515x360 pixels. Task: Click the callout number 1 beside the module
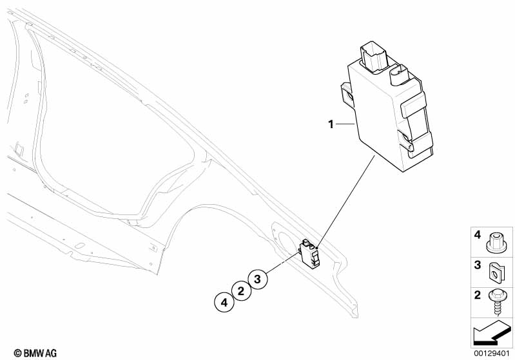[x=331, y=124]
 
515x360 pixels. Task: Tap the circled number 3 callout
[x=257, y=279]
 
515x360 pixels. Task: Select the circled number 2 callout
[x=240, y=291]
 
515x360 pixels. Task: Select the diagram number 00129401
[x=491, y=353]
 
